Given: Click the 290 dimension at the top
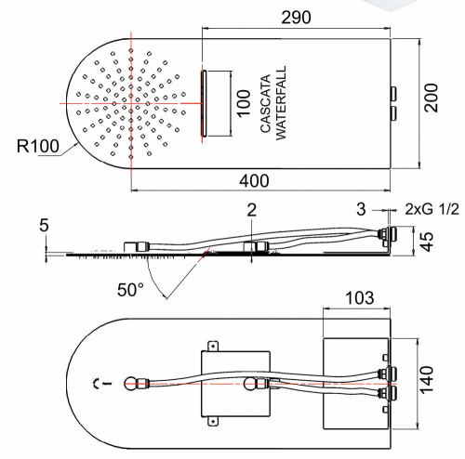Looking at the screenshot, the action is click(296, 18).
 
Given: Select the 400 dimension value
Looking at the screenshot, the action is click(254, 181).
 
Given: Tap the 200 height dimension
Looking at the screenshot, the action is click(432, 98).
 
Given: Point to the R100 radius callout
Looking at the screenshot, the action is click(38, 146).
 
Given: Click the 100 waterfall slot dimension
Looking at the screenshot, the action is click(244, 103).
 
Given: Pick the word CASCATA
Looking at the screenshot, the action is click(266, 103).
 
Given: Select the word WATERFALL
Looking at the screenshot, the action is click(281, 103).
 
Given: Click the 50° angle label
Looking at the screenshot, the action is click(130, 290).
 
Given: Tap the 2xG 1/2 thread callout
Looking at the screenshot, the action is click(432, 209).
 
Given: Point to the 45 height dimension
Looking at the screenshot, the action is click(427, 242).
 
